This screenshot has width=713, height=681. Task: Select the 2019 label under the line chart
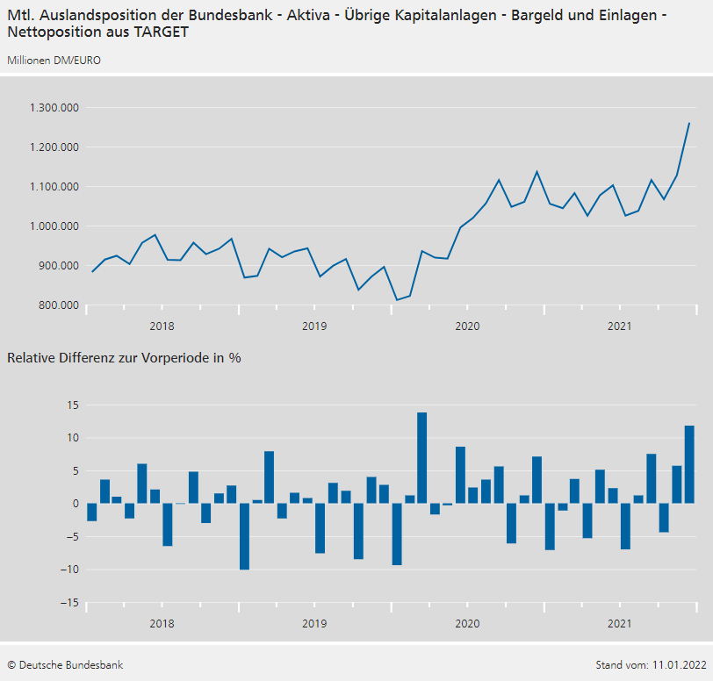pyautogui.click(x=314, y=326)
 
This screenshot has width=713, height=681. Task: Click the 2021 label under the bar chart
pyautogui.click(x=620, y=624)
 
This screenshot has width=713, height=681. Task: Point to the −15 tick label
pyautogui.click(x=68, y=603)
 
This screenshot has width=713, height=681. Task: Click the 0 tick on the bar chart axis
pyautogui.click(x=76, y=504)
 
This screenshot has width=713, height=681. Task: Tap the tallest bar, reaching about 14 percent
pyautogui.click(x=422, y=457)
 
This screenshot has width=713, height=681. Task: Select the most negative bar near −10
pyautogui.click(x=244, y=536)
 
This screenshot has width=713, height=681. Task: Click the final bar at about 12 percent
pyautogui.click(x=689, y=464)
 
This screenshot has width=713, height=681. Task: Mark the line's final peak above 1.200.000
pyautogui.click(x=689, y=123)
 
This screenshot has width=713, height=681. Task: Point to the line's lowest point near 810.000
pyautogui.click(x=397, y=300)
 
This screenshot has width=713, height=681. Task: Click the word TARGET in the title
pyautogui.click(x=159, y=32)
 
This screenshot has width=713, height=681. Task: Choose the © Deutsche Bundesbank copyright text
pyautogui.click(x=65, y=665)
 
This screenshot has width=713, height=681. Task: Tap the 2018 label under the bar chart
pyautogui.click(x=162, y=624)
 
